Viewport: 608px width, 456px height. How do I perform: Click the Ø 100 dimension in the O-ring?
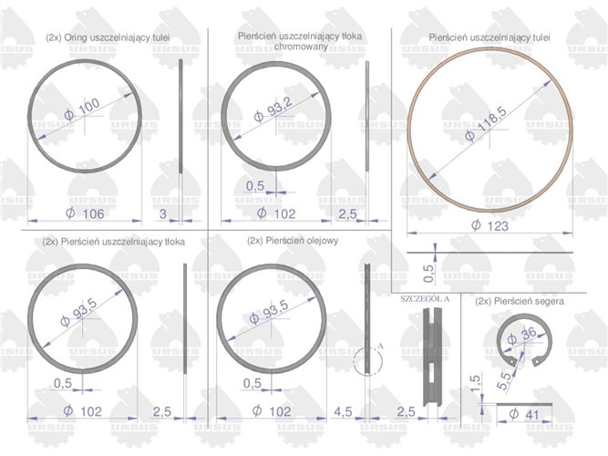pyautogui.click(x=82, y=109)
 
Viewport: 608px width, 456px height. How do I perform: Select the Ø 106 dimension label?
pyautogui.click(x=85, y=213)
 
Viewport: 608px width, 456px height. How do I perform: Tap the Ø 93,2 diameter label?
pyautogui.click(x=273, y=109)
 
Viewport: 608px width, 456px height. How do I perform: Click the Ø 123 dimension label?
pyautogui.click(x=489, y=225)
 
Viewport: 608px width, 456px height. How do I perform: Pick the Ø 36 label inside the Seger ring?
pyautogui.click(x=522, y=336)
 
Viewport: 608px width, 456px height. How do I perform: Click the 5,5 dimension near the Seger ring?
pyautogui.click(x=504, y=380)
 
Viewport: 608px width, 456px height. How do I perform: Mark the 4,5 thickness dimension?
pyautogui.click(x=343, y=411)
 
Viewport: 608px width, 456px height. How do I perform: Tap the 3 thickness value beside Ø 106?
pyautogui.click(x=163, y=213)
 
